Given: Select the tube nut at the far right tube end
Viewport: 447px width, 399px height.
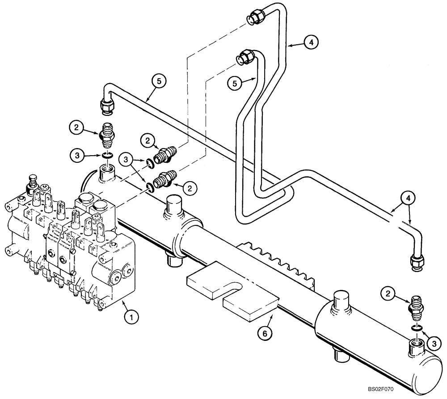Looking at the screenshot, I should coord(417,263).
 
